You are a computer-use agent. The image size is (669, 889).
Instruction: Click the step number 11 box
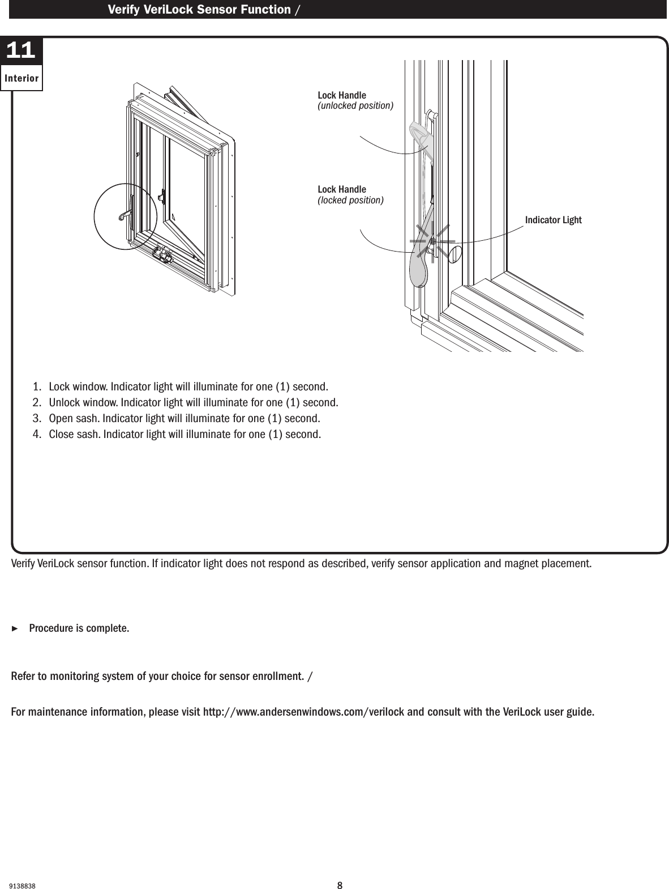[21, 51]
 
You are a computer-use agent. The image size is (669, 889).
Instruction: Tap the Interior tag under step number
[22, 78]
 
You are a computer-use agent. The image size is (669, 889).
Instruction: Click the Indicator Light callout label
[553, 220]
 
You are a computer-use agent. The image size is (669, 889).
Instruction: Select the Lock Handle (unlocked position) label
[355, 100]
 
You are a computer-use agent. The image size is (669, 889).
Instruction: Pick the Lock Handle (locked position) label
[350, 194]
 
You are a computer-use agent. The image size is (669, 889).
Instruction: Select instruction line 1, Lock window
[181, 387]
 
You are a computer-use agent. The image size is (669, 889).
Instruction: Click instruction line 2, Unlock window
[186, 403]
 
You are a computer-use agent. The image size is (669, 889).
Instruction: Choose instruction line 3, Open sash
[177, 419]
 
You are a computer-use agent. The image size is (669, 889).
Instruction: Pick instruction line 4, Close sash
[177, 435]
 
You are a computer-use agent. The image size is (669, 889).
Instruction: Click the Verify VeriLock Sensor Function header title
[199, 9]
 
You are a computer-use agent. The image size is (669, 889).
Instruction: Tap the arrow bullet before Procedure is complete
[15, 629]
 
